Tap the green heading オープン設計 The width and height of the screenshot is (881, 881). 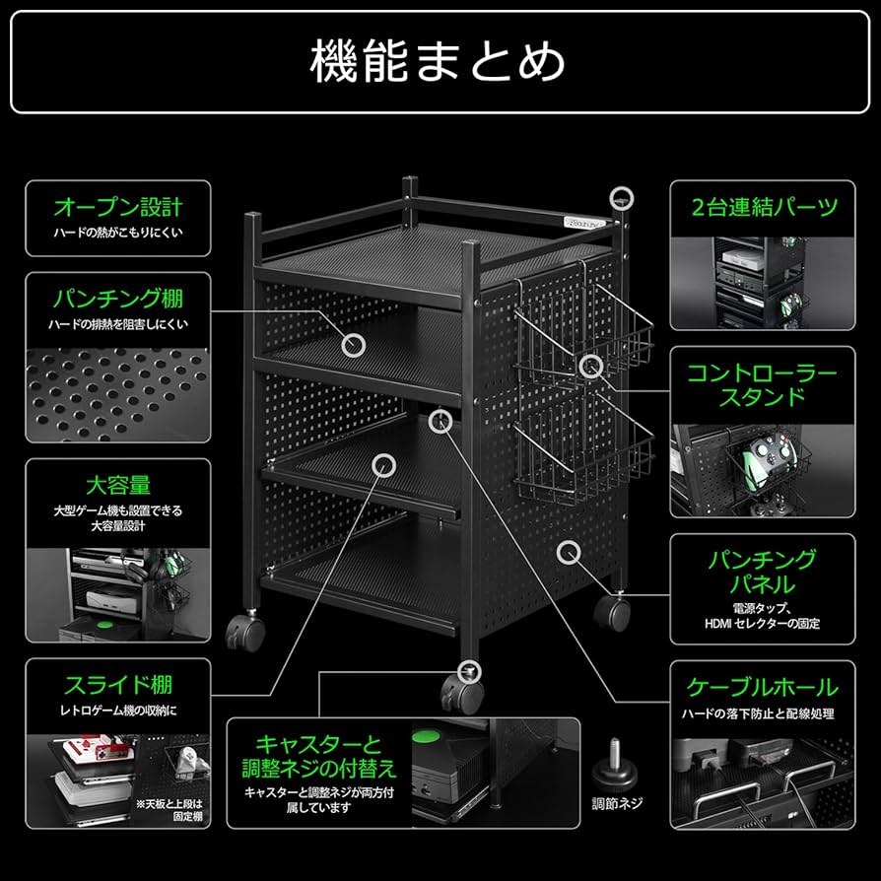coord(117,207)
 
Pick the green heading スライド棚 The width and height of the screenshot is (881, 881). coord(117,684)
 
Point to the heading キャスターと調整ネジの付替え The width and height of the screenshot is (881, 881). coord(319,755)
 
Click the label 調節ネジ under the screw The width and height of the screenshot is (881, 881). coord(617,803)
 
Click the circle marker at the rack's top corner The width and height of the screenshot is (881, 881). coord(621,195)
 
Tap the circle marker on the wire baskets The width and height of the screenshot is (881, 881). coord(590,367)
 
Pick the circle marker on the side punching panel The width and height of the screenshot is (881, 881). coord(569,551)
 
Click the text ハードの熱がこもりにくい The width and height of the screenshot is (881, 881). coord(117,235)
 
